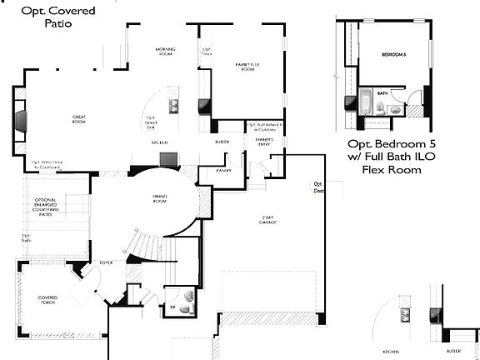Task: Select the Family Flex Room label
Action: pos(247,67)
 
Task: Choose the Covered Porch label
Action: pos(46,300)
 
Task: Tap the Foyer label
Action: pos(106,262)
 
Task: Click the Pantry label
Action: pos(222,169)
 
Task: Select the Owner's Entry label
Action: pos(264,142)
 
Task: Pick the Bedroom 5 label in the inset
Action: pos(393,55)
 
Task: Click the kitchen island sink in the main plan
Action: pos(174,106)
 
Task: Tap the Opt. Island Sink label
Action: pos(152,122)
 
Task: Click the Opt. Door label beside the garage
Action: pos(317,187)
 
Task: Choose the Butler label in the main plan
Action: pos(222,142)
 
